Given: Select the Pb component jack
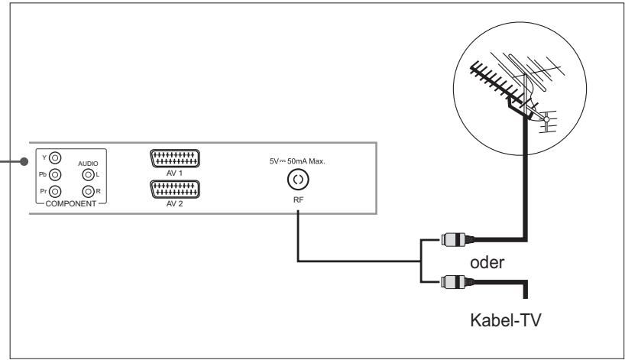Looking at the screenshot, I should click(x=53, y=174).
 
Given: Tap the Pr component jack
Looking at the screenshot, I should click(x=53, y=190).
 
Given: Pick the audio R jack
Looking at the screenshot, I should click(x=89, y=190).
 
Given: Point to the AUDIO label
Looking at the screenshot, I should click(x=90, y=162).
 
